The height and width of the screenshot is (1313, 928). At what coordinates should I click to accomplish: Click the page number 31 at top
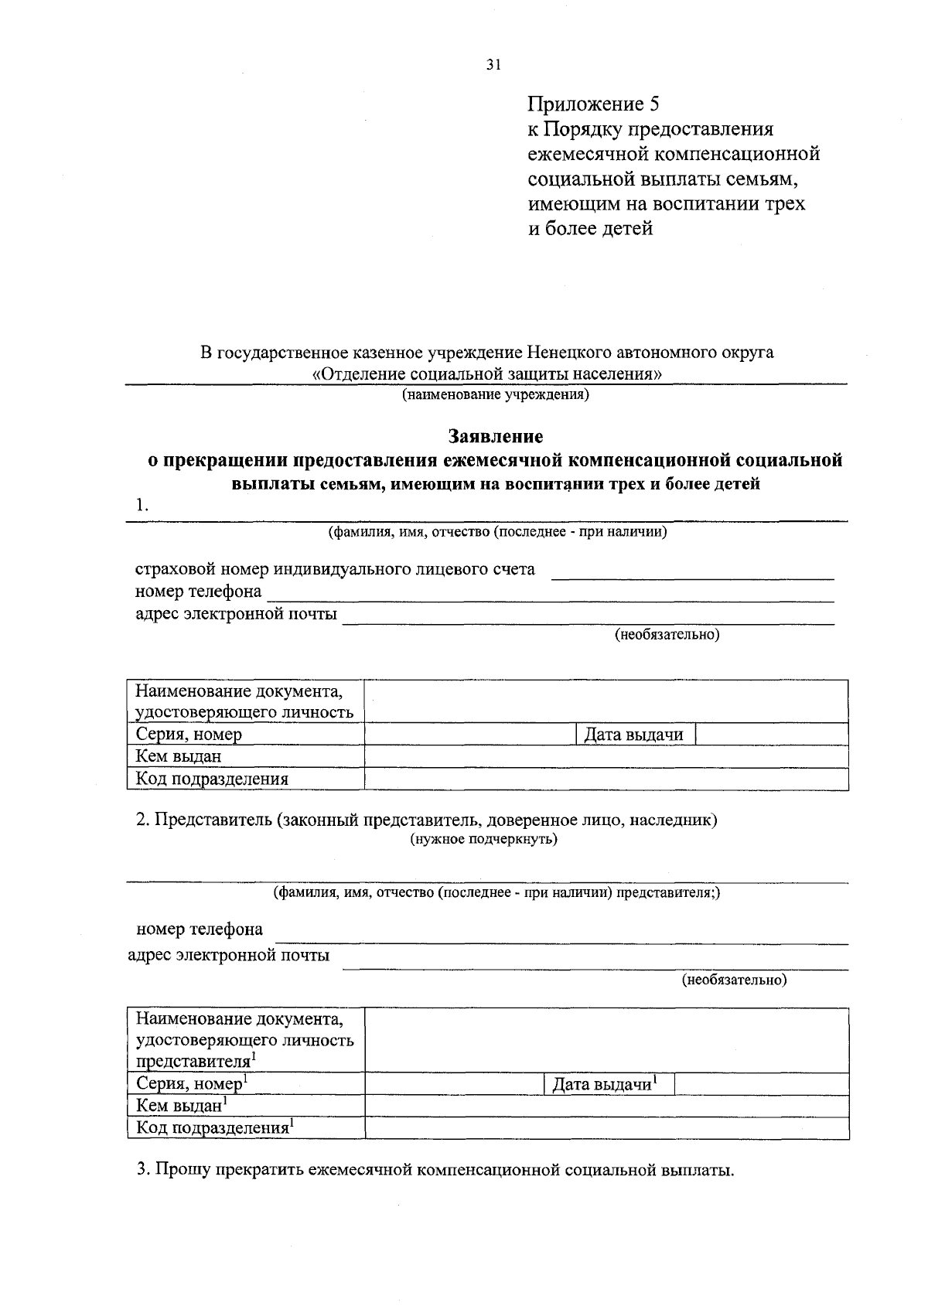(x=493, y=66)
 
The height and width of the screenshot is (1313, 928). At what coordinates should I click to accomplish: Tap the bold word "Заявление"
(x=496, y=437)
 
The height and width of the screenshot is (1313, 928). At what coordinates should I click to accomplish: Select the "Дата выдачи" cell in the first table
(x=634, y=735)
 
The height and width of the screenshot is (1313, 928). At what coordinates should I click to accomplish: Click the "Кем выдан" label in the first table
(x=179, y=756)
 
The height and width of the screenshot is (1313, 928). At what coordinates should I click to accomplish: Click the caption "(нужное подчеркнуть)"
(x=483, y=839)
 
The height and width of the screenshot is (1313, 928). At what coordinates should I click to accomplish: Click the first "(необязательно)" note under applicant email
(x=667, y=635)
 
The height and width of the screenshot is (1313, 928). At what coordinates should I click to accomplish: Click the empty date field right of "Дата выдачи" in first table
(x=771, y=735)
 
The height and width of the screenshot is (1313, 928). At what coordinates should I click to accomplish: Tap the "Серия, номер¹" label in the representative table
(x=192, y=1083)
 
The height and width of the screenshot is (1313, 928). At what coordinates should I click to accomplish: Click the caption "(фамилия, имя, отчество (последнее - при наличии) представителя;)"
(x=496, y=893)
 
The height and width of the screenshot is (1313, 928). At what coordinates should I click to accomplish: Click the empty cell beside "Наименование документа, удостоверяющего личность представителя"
(x=606, y=1039)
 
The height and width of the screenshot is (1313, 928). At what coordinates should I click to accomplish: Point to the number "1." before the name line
(x=142, y=505)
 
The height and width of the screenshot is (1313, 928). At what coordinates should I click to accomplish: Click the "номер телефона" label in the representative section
(x=200, y=929)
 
